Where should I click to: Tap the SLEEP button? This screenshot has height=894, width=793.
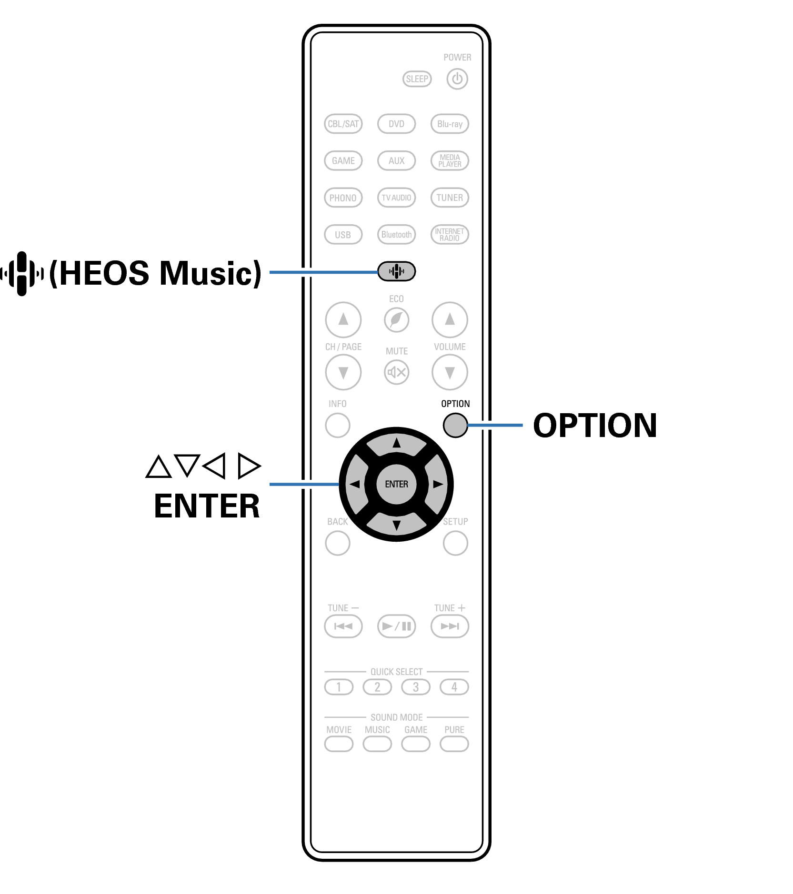tap(417, 79)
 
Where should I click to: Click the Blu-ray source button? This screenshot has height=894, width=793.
tap(450, 124)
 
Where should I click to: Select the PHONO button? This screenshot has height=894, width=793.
tap(343, 198)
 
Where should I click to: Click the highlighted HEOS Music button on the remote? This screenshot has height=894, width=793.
tap(396, 271)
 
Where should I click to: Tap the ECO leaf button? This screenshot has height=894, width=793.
tap(396, 319)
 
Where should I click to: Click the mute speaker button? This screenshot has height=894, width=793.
tap(396, 372)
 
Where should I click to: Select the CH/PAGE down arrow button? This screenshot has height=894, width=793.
tap(343, 372)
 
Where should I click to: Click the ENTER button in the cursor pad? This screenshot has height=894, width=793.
tap(396, 484)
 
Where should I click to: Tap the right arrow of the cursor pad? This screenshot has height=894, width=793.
tap(437, 484)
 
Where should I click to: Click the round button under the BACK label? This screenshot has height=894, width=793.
tap(337, 543)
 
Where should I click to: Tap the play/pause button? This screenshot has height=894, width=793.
tap(396, 626)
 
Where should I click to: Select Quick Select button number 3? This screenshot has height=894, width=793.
tap(415, 687)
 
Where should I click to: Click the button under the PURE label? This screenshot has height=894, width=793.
tap(454, 744)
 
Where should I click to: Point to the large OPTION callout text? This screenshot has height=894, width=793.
tap(595, 425)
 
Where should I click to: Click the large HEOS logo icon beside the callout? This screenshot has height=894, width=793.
tap(22, 273)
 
